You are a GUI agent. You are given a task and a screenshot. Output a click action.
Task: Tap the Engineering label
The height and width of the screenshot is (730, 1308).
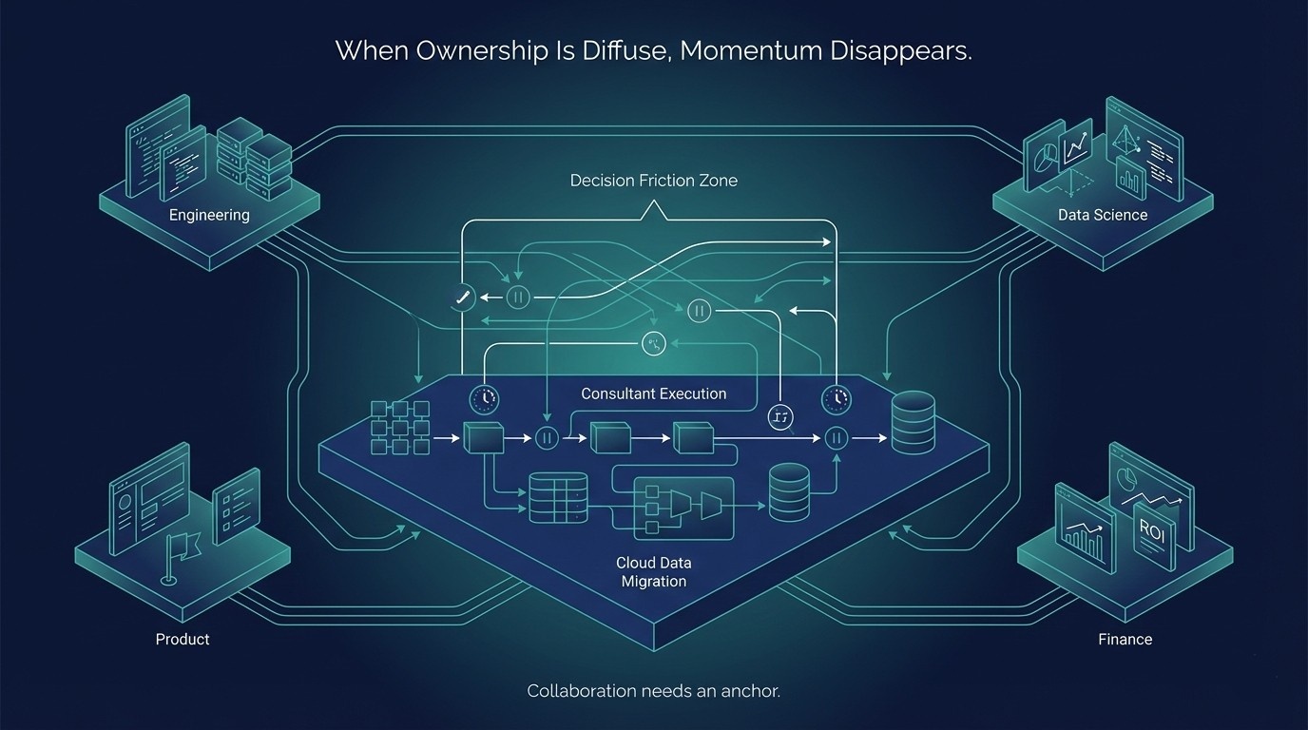[x=209, y=215]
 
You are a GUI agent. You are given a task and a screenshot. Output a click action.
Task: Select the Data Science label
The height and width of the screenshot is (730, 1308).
[x=1103, y=215]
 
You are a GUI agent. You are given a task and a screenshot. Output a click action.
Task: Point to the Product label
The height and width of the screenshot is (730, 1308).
[x=183, y=639]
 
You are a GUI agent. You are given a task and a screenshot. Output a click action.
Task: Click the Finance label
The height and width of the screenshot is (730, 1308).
[x=1125, y=639]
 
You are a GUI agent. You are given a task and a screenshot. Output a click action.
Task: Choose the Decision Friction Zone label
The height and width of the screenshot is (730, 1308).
[x=653, y=180]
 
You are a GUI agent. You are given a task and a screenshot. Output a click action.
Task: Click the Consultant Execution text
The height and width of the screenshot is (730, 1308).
[x=653, y=394]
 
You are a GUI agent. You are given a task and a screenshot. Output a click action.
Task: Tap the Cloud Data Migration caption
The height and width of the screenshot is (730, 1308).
[x=653, y=571]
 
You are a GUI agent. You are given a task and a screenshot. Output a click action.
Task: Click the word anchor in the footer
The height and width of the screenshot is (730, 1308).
[x=750, y=691]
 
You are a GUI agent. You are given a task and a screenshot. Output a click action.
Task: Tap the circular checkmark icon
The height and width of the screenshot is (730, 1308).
[x=462, y=298]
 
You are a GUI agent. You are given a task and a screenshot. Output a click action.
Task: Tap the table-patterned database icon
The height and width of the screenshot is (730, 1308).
[x=559, y=496]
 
